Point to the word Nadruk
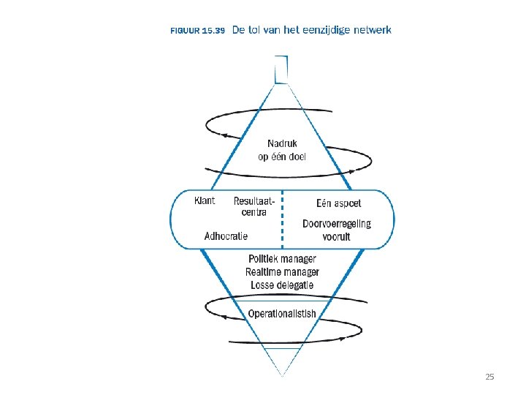[x=282, y=144]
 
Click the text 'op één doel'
[x=282, y=157]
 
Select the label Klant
[x=205, y=200]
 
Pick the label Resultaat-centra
[x=254, y=206]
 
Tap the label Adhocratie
[x=226, y=236]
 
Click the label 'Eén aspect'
[x=338, y=203]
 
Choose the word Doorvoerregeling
[x=337, y=224]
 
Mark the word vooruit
[x=337, y=236]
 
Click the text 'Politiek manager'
[x=282, y=259]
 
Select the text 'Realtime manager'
[x=282, y=271]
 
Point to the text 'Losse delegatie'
[x=282, y=285]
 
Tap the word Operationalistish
[x=282, y=314]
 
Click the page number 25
[x=489, y=377]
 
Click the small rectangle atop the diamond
[x=281, y=70]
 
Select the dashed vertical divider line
[x=282, y=219]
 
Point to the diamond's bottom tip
[x=282, y=375]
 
